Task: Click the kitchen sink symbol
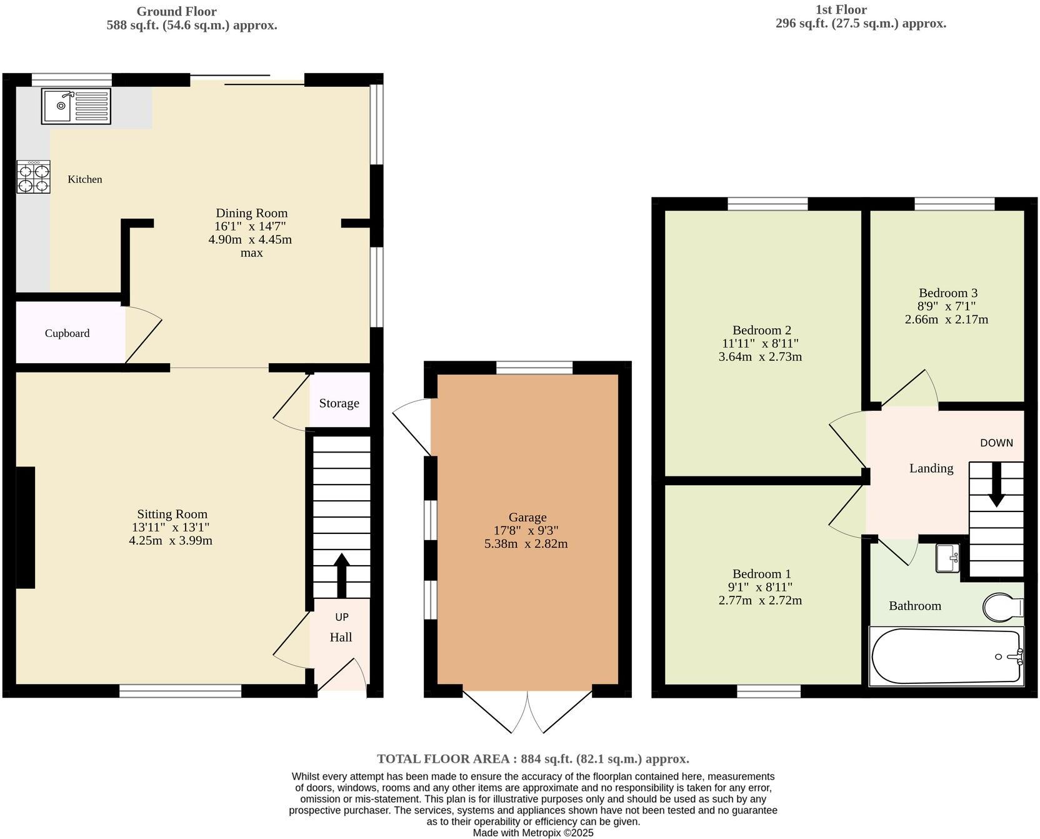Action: click(76, 106)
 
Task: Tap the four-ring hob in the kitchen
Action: click(33, 178)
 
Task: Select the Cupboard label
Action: click(67, 333)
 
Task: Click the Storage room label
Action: click(339, 403)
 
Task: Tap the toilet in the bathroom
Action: click(1002, 607)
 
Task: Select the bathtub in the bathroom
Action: click(946, 656)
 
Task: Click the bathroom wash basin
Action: click(947, 558)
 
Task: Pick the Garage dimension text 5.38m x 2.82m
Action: click(526, 544)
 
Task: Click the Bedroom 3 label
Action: click(947, 293)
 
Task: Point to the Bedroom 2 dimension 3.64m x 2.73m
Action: click(760, 357)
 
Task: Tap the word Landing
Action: click(931, 468)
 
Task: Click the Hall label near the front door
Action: click(341, 637)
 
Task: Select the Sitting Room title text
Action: click(172, 514)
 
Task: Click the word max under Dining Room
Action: click(251, 253)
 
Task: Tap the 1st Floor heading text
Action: click(841, 9)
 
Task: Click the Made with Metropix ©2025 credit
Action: click(532, 833)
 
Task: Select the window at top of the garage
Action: click(534, 368)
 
